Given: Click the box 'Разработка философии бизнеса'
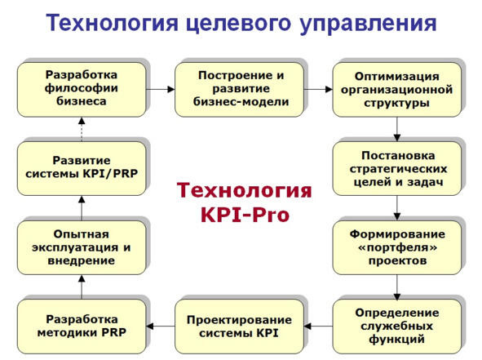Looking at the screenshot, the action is click(x=82, y=90).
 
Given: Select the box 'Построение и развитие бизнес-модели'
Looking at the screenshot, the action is click(x=239, y=90).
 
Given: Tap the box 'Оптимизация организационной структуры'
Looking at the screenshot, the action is click(x=397, y=90).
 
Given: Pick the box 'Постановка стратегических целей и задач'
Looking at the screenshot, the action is click(x=397, y=169).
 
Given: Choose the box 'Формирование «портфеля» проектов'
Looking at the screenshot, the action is click(x=397, y=247).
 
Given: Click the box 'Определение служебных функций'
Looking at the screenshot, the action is click(x=397, y=327).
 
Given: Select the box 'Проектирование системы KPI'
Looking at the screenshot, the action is click(x=239, y=327).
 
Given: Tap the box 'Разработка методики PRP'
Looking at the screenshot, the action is click(x=82, y=327).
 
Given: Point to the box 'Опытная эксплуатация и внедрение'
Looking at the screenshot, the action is click(x=82, y=247).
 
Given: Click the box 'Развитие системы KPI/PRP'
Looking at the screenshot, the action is click(x=82, y=169).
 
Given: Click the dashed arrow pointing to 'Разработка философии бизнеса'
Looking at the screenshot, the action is click(x=82, y=129).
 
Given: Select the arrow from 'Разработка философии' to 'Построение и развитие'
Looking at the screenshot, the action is click(x=161, y=90).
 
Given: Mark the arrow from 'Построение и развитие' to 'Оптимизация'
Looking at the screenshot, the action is click(x=318, y=90).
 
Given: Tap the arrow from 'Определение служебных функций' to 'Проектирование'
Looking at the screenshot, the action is click(x=318, y=327).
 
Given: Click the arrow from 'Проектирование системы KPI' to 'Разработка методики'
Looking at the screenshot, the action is click(x=161, y=327).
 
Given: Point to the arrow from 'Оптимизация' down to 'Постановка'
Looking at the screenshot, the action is click(x=397, y=129).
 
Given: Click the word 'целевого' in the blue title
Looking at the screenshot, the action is click(x=238, y=24).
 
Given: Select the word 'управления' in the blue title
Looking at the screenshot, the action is click(x=368, y=24).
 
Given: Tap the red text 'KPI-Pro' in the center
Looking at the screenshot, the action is click(x=245, y=215).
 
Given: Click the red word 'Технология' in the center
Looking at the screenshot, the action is click(x=245, y=191).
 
